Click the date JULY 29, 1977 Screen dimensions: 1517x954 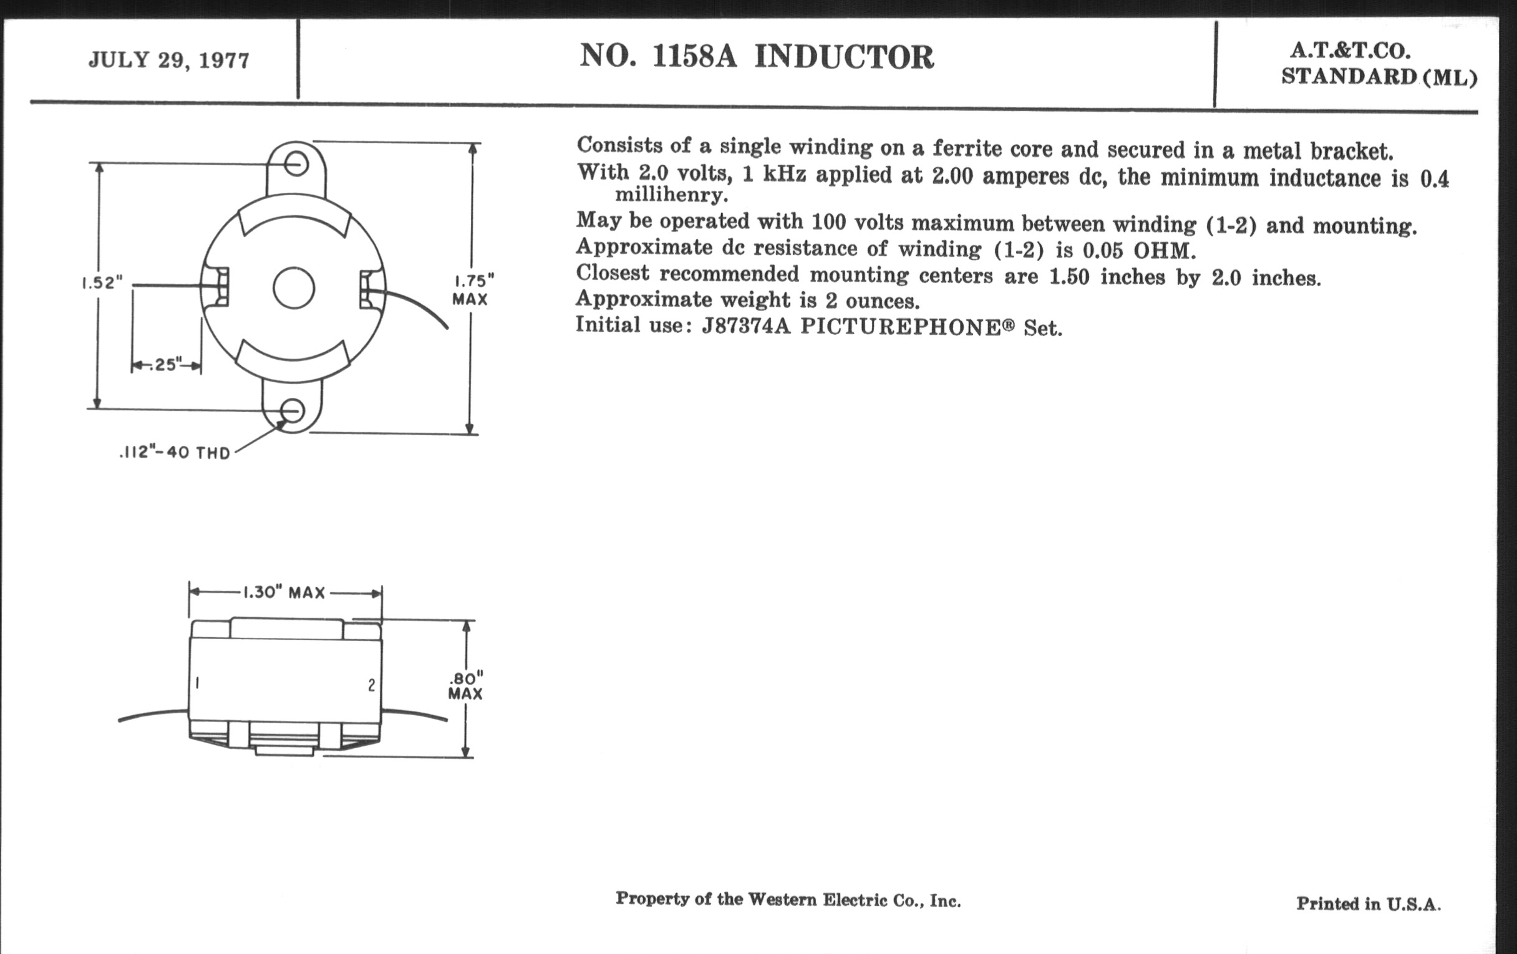(x=169, y=60)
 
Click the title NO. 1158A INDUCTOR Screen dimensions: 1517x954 (x=757, y=57)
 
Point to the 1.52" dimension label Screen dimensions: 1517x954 (x=102, y=282)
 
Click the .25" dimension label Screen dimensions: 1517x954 (x=167, y=365)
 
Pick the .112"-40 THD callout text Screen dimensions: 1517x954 (x=175, y=453)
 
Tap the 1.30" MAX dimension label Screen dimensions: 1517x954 (x=284, y=592)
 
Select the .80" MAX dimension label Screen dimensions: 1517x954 (x=465, y=687)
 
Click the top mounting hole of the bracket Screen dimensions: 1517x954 (x=296, y=165)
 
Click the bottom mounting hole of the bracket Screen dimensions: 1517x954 (x=293, y=411)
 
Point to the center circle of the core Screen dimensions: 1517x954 (x=294, y=288)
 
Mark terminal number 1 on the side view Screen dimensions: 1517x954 (x=198, y=683)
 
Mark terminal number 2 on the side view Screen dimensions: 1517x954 (x=372, y=685)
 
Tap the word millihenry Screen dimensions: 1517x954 (x=672, y=195)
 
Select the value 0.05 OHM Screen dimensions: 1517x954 (x=1139, y=251)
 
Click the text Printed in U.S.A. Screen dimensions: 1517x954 (x=1369, y=904)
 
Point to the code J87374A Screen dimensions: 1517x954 (x=746, y=326)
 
